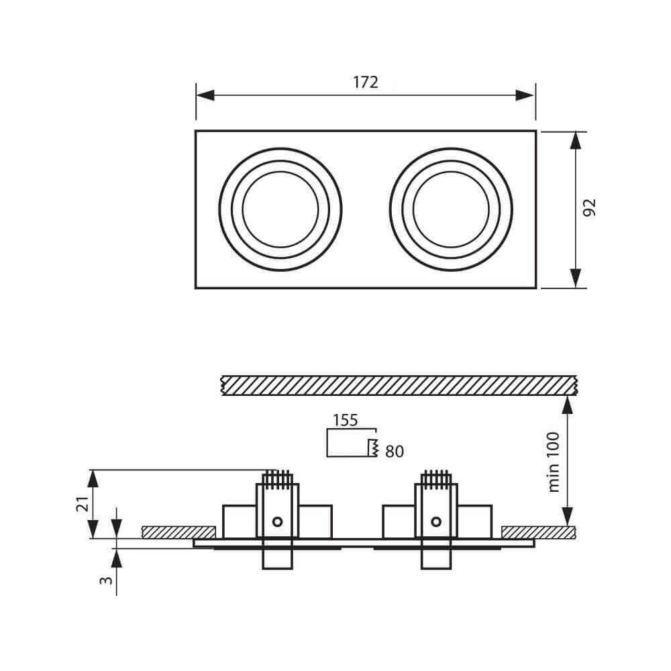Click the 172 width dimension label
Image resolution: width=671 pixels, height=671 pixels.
tap(366, 82)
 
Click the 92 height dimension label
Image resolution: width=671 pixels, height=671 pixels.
tap(590, 208)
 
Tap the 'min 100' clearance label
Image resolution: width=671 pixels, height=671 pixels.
tap(554, 461)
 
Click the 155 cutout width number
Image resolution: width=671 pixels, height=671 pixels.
tap(346, 421)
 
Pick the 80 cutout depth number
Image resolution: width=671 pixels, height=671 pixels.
tap(395, 452)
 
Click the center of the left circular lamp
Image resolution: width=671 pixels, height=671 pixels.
tap(280, 209)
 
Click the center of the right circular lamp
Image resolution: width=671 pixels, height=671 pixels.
tap(451, 209)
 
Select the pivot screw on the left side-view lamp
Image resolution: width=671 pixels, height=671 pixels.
tap(276, 521)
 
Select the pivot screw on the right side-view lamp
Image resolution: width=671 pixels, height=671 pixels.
tap(437, 521)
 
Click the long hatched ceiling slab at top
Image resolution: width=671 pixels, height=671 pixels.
tap(399, 385)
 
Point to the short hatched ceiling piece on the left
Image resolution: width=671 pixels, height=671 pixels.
tap(178, 532)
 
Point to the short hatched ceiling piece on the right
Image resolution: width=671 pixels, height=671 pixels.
tap(538, 532)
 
